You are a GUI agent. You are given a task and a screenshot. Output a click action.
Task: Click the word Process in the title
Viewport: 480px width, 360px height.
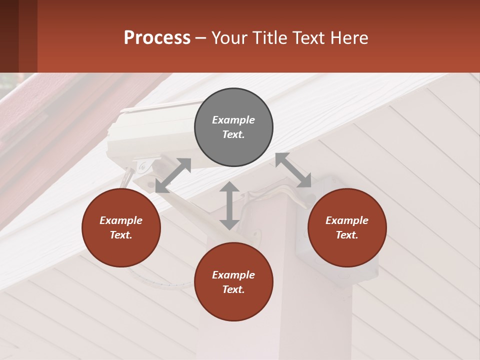(x=157, y=38)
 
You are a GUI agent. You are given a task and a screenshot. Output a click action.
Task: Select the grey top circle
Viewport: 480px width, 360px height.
(x=233, y=127)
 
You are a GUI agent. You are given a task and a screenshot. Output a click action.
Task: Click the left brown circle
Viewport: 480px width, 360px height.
(x=121, y=227)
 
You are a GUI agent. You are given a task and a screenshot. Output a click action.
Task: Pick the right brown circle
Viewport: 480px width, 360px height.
(x=347, y=227)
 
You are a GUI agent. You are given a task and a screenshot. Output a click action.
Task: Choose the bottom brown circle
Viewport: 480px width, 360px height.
(x=233, y=282)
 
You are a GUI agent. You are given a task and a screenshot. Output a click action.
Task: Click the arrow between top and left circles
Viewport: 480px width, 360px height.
(x=173, y=175)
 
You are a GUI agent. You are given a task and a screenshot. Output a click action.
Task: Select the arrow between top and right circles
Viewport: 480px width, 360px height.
(x=293, y=170)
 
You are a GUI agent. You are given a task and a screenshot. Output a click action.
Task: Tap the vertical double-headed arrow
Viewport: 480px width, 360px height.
(x=229, y=205)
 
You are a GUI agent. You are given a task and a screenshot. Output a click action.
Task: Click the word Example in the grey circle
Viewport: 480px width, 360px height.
(x=233, y=120)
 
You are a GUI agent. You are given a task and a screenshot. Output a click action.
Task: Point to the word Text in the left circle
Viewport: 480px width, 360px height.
(x=121, y=235)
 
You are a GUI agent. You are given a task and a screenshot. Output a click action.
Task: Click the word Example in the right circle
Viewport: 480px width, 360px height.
(x=347, y=220)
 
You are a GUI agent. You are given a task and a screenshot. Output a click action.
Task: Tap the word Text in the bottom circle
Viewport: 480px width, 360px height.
(x=233, y=289)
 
